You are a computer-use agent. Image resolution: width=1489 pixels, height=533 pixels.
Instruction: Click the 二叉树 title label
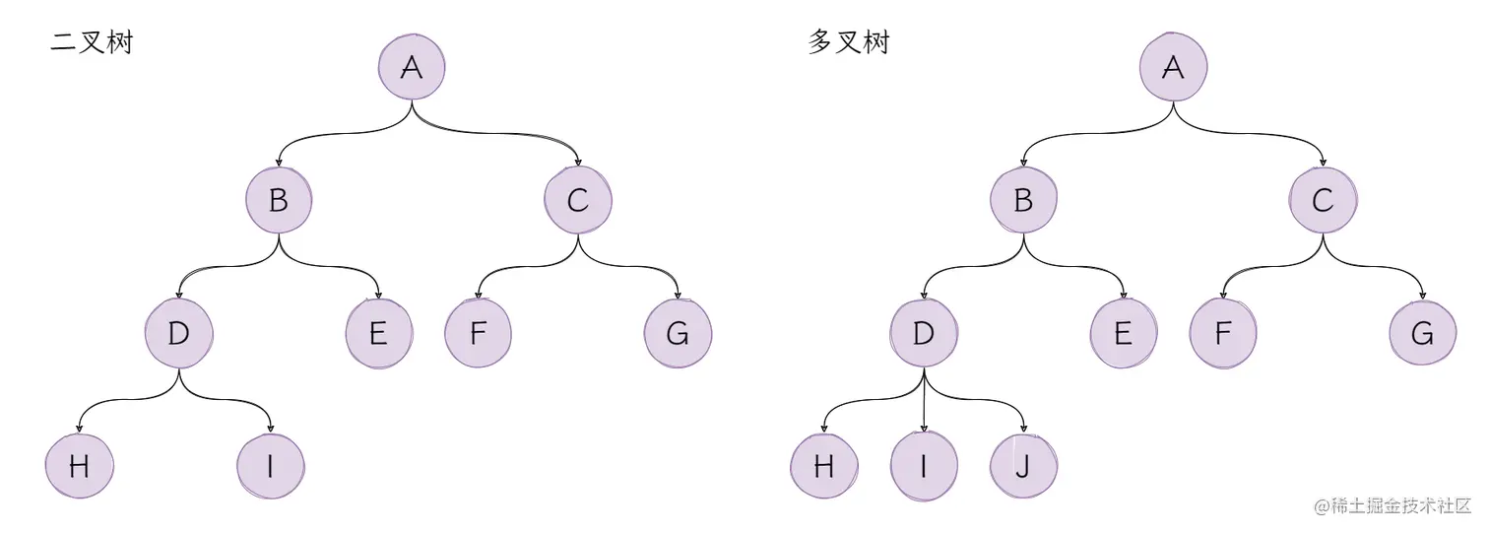pyautogui.click(x=91, y=43)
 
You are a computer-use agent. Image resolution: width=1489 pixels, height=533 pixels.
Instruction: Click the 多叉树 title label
pyautogui.click(x=848, y=43)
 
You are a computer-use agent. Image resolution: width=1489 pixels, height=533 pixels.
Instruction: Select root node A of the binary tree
pyautogui.click(x=412, y=67)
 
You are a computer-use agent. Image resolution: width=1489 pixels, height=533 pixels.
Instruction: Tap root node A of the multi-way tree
pyautogui.click(x=1173, y=67)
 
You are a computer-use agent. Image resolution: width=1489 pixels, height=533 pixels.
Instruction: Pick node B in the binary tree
pyautogui.click(x=279, y=201)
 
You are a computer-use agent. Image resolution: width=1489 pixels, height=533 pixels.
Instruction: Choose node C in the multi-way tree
pyautogui.click(x=1323, y=201)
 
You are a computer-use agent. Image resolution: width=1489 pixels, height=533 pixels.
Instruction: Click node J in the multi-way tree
pyautogui.click(x=1023, y=465)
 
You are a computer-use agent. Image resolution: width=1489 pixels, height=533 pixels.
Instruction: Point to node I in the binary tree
pyautogui.click(x=271, y=465)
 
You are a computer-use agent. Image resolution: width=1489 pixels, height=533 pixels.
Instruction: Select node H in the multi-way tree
pyautogui.click(x=824, y=465)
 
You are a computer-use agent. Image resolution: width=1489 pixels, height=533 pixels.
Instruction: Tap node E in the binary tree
pyautogui.click(x=379, y=334)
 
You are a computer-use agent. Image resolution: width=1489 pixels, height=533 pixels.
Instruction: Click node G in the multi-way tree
pyautogui.click(x=1422, y=334)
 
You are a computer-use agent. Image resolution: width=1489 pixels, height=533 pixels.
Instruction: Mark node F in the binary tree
pyautogui.click(x=478, y=334)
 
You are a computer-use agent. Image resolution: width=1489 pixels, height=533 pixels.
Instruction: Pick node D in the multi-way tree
pyautogui.click(x=923, y=334)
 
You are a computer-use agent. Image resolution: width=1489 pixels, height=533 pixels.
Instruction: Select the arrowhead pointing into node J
pyautogui.click(x=1024, y=428)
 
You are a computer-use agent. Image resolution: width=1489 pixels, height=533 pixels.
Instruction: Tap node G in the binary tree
pyautogui.click(x=678, y=334)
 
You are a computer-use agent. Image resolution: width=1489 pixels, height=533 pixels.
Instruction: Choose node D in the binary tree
pyautogui.click(x=178, y=334)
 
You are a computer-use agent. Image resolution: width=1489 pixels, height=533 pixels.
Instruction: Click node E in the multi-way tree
pyautogui.click(x=1124, y=334)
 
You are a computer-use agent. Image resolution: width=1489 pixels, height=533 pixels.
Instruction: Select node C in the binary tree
pyautogui.click(x=577, y=201)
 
